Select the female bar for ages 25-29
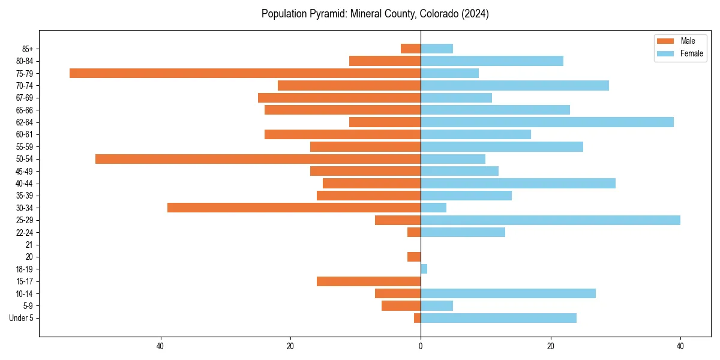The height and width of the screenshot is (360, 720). coord(550,220)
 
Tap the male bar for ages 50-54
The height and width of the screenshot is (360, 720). coord(258,159)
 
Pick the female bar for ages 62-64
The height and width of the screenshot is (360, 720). coord(547,122)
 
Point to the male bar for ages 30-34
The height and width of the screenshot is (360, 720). coord(294,208)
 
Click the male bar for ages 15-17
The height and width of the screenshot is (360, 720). coord(368,281)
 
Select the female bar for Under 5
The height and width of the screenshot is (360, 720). coord(499,318)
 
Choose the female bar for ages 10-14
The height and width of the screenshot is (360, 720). coord(508,293)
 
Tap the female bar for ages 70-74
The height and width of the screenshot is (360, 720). coord(515,86)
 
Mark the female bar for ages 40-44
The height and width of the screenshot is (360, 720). coord(518,184)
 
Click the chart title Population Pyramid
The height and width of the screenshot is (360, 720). coord(375,14)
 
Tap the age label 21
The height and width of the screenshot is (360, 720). coord(29,245)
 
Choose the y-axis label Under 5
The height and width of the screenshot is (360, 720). coord(21,318)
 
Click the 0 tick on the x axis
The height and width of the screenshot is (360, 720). coord(421,346)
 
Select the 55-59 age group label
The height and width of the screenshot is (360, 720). coord(24,147)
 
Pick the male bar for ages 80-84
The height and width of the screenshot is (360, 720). coord(385,61)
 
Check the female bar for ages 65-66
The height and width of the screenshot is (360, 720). coord(495,110)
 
